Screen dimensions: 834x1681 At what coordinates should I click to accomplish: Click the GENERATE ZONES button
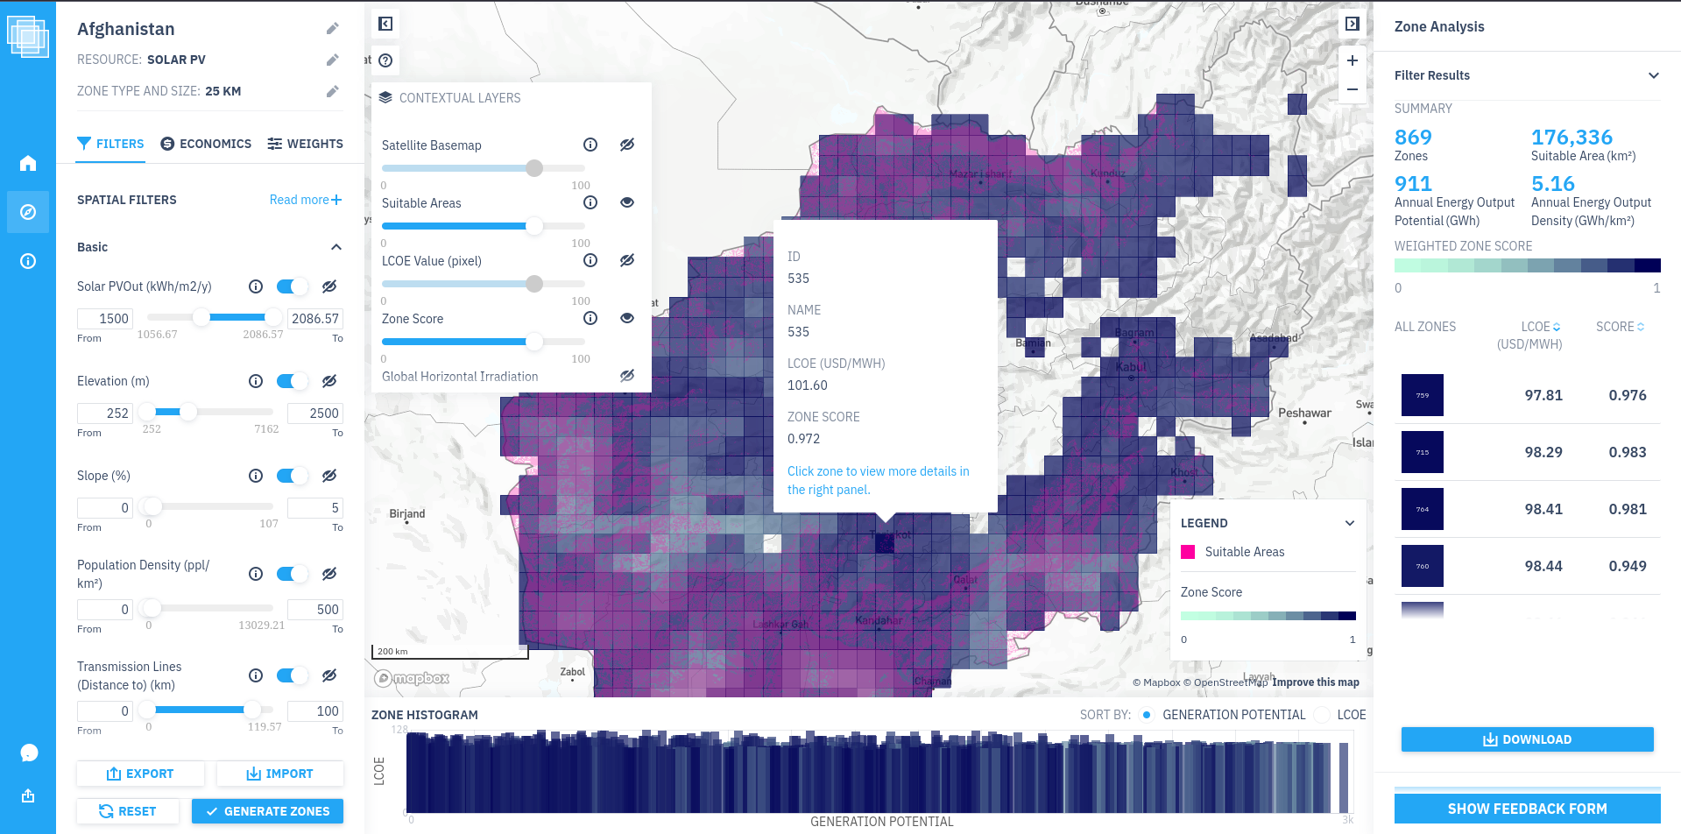pyautogui.click(x=267, y=811)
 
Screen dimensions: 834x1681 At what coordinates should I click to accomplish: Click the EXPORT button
pyautogui.click(x=140, y=774)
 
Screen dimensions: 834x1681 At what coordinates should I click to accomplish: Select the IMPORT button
pyautogui.click(x=280, y=774)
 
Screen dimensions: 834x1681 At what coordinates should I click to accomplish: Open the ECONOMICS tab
pyautogui.click(x=206, y=144)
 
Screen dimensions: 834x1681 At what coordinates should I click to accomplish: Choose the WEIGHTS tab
pyautogui.click(x=305, y=144)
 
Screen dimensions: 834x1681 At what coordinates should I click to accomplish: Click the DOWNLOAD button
pyautogui.click(x=1527, y=739)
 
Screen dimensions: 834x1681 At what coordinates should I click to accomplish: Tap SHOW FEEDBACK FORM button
pyautogui.click(x=1527, y=809)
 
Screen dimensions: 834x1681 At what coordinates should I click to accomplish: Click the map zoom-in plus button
pyautogui.click(x=1353, y=60)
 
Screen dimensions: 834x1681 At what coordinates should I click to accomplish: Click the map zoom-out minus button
pyautogui.click(x=1353, y=89)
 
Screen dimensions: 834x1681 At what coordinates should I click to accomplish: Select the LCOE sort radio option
pyautogui.click(x=1323, y=715)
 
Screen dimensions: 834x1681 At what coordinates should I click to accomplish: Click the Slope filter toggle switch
pyautogui.click(x=292, y=476)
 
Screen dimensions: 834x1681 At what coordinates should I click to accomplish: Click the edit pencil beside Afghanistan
pyautogui.click(x=333, y=29)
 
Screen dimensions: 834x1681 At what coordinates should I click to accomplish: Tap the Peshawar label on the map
pyautogui.click(x=1304, y=413)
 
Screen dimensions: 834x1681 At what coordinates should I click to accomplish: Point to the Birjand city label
pyautogui.click(x=407, y=514)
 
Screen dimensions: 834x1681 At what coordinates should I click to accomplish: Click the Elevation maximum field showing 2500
pyautogui.click(x=315, y=413)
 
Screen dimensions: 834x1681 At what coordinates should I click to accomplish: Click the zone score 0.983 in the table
pyautogui.click(x=1627, y=452)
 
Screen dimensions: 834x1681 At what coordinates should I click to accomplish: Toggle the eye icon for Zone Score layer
pyautogui.click(x=627, y=318)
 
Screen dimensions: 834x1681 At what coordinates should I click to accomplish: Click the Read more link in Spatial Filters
pyautogui.click(x=305, y=200)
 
